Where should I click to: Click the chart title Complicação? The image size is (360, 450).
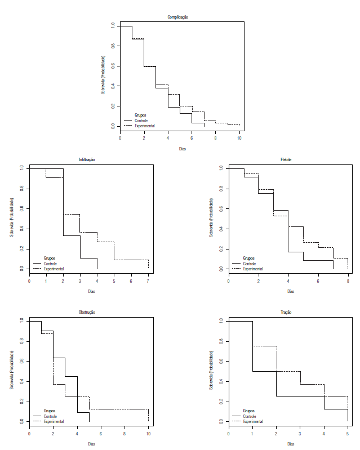tap(178, 17)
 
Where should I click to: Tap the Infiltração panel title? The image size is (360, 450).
tap(87, 160)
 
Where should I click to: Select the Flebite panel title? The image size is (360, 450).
tap(286, 160)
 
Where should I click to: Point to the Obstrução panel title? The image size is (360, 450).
tap(87, 312)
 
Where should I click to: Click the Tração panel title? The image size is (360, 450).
tap(286, 312)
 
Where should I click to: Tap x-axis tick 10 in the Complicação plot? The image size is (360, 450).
tap(239, 138)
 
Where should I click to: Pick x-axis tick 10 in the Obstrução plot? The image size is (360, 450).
tap(148, 433)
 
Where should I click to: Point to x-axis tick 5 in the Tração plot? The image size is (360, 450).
tap(348, 433)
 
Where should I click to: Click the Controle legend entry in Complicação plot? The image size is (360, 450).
tap(141, 121)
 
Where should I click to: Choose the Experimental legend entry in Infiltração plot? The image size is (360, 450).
tap(54, 269)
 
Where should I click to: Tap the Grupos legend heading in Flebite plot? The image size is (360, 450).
tap(248, 259)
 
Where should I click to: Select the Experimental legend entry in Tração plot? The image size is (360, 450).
tap(254, 421)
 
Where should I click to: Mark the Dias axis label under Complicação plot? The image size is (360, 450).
tap(182, 149)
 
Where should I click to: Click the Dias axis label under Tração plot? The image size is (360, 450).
tap(291, 444)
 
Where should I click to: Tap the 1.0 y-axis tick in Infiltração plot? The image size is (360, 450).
tap(21, 168)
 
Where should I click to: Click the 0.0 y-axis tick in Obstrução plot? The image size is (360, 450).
tap(21, 421)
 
